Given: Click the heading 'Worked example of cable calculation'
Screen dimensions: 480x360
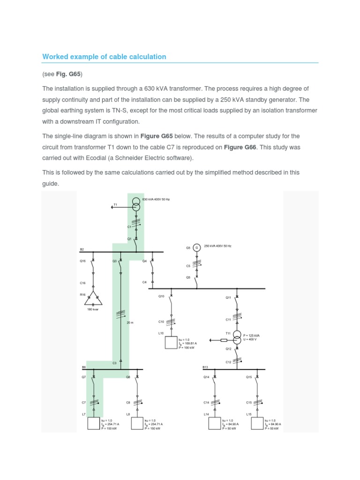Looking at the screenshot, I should [104, 57].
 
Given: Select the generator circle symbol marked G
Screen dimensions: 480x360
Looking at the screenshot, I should [197, 247].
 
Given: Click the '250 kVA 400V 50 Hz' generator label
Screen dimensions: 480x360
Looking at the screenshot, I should [217, 246].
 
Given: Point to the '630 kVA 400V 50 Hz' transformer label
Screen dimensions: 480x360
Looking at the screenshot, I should [156, 199].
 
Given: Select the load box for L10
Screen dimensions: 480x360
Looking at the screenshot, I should [171, 343].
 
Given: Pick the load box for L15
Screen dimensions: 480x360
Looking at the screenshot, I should [257, 423].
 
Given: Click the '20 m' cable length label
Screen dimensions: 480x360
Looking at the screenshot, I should [130, 322].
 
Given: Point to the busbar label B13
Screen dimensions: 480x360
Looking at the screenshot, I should [205, 367].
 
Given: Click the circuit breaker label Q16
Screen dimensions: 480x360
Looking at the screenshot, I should [83, 261].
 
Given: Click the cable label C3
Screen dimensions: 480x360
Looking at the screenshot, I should [114, 363].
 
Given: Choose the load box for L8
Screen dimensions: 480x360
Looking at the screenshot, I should [137, 423].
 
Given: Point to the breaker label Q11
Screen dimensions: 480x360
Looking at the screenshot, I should [228, 297].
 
